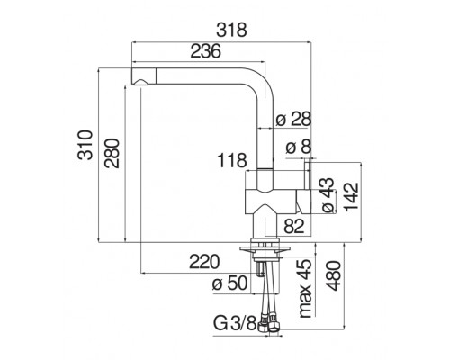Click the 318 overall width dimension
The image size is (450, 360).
(232, 30)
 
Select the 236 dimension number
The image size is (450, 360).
(206, 51)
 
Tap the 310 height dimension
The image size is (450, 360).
(85, 145)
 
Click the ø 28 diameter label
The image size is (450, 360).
(293, 119)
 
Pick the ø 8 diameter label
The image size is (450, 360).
(299, 147)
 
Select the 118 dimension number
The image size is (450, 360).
(232, 160)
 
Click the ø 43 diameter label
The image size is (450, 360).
(328, 195)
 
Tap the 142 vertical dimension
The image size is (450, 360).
(351, 197)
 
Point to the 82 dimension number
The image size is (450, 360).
(294, 226)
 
